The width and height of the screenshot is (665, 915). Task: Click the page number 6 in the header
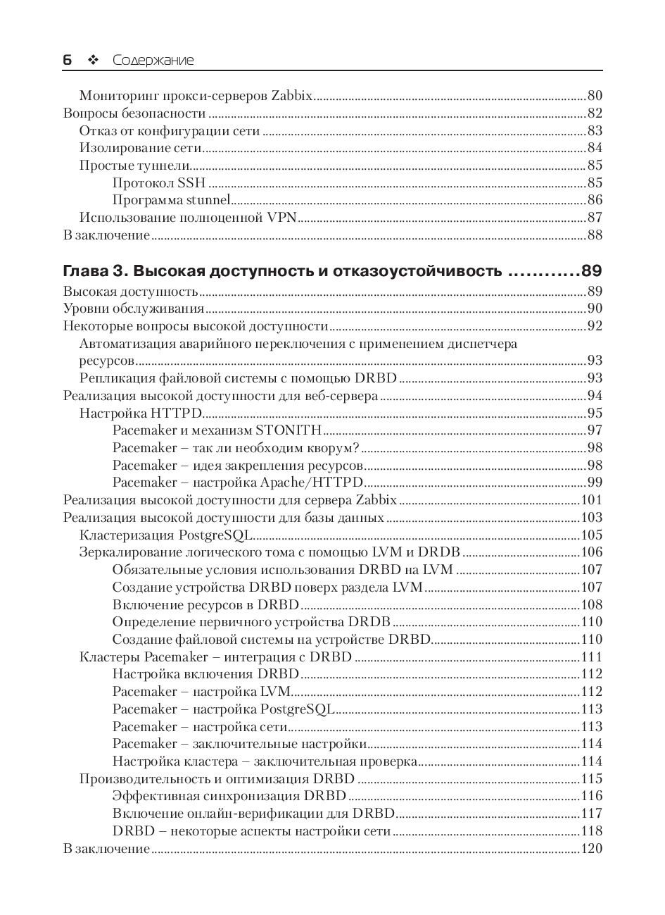(x=68, y=61)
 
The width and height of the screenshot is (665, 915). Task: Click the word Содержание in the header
(x=153, y=61)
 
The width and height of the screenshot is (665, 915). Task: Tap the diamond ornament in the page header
(x=91, y=61)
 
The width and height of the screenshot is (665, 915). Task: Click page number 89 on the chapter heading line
(x=591, y=271)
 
